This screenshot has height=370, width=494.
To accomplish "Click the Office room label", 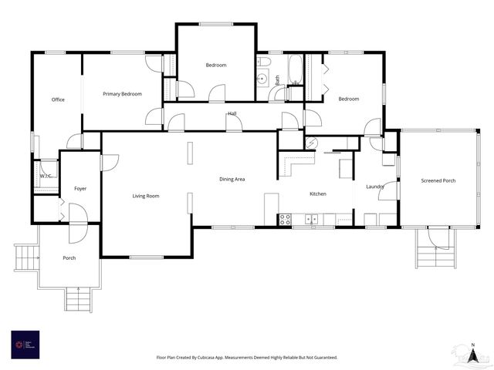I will click(58, 99).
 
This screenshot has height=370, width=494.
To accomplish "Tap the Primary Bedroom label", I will click(122, 94).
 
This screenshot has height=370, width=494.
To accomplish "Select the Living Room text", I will click(145, 196).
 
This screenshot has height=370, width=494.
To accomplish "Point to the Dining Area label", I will click(232, 179).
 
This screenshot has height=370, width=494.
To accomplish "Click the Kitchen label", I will click(318, 193).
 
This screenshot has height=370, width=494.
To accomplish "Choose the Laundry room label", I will click(375, 187).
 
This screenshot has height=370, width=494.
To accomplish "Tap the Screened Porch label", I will click(438, 181).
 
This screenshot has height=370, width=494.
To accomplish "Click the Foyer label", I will click(80, 188).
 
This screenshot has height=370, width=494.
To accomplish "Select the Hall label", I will click(232, 114).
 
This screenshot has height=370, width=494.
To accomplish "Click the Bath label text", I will click(277, 79).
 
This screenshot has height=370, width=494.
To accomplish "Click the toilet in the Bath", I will click(264, 61).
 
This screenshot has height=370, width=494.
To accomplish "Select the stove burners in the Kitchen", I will click(284, 219).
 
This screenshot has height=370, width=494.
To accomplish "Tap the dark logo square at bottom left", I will click(25, 345).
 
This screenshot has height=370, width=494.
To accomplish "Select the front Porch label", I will click(69, 257).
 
